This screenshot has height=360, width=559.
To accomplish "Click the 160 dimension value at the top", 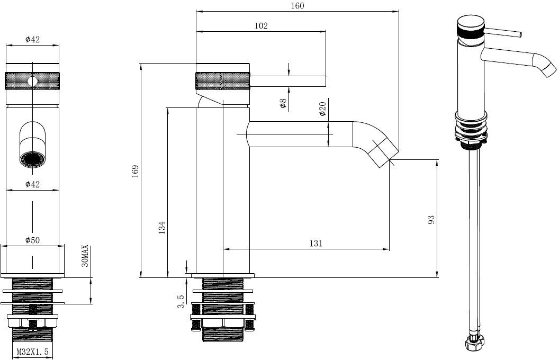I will pos(297,6).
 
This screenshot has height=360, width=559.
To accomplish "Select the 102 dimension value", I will pos(262,25).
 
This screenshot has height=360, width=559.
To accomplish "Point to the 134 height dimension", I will pos(162,228).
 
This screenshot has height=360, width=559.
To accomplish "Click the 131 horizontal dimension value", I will pos(316,243).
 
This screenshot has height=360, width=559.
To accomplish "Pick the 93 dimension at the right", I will pos(431,219).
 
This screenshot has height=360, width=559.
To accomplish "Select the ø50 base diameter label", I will pos(33,240).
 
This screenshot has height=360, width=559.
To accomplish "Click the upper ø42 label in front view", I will pos(33,39).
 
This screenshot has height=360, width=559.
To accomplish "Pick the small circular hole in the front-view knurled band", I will pos(32,81).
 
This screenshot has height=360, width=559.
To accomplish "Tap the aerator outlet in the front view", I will pos(32,159).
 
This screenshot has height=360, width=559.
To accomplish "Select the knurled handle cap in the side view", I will pos(222,82).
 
